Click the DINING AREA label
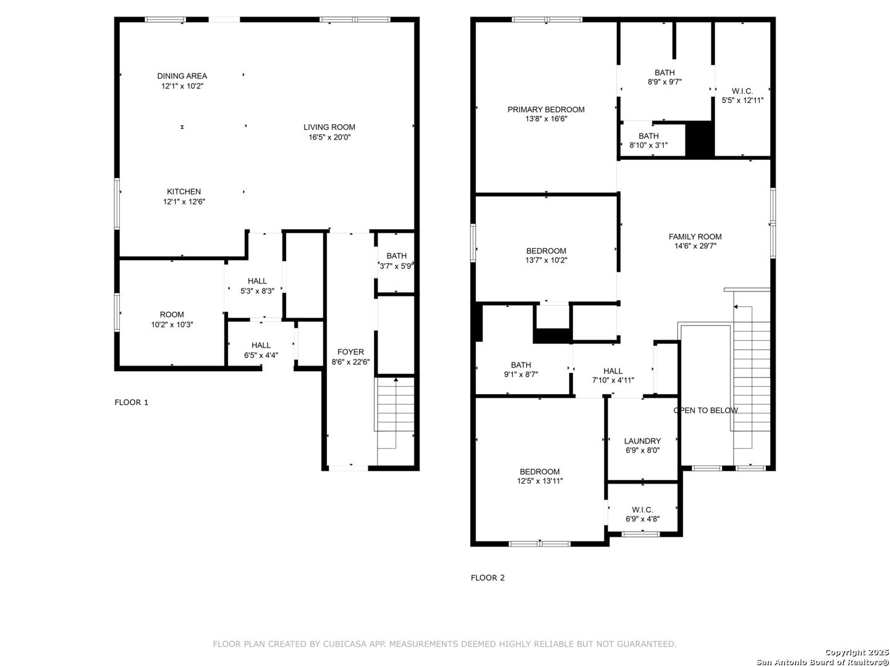(182, 76)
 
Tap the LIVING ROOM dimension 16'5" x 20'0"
(329, 137)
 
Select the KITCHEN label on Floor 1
(184, 191)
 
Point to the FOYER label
(350, 351)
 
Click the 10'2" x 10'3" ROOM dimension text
(172, 324)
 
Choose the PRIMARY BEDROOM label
(546, 109)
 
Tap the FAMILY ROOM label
(695, 237)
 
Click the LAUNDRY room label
(642, 440)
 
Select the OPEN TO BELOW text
(705, 410)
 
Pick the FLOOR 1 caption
(132, 402)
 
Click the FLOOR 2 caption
(488, 577)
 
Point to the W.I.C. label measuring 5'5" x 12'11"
(742, 91)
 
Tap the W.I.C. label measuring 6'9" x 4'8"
(642, 510)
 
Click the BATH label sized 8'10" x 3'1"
(648, 136)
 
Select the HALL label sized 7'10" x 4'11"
(612, 371)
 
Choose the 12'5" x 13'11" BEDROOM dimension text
(540, 480)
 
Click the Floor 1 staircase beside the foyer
(396, 421)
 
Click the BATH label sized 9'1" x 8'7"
(520, 364)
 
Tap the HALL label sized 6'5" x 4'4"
(261, 345)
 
